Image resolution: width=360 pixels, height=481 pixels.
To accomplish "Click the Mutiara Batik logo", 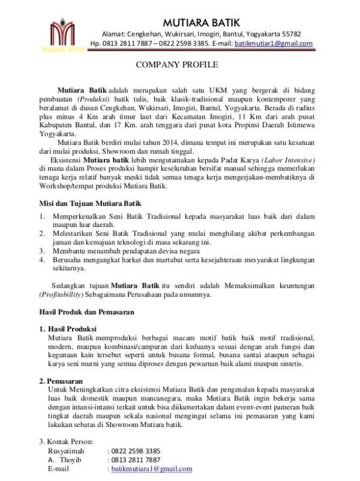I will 61,34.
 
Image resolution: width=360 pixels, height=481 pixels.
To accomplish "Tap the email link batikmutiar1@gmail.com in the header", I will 274,44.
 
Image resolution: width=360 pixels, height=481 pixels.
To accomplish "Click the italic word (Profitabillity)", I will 65,294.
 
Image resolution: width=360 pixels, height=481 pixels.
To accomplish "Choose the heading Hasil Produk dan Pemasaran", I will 87,312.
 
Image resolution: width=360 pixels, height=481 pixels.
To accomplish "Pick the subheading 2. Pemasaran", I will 62,381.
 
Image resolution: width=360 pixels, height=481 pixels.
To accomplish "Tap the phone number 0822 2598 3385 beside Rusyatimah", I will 136,450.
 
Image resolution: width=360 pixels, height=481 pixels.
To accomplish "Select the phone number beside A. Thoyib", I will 136,460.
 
